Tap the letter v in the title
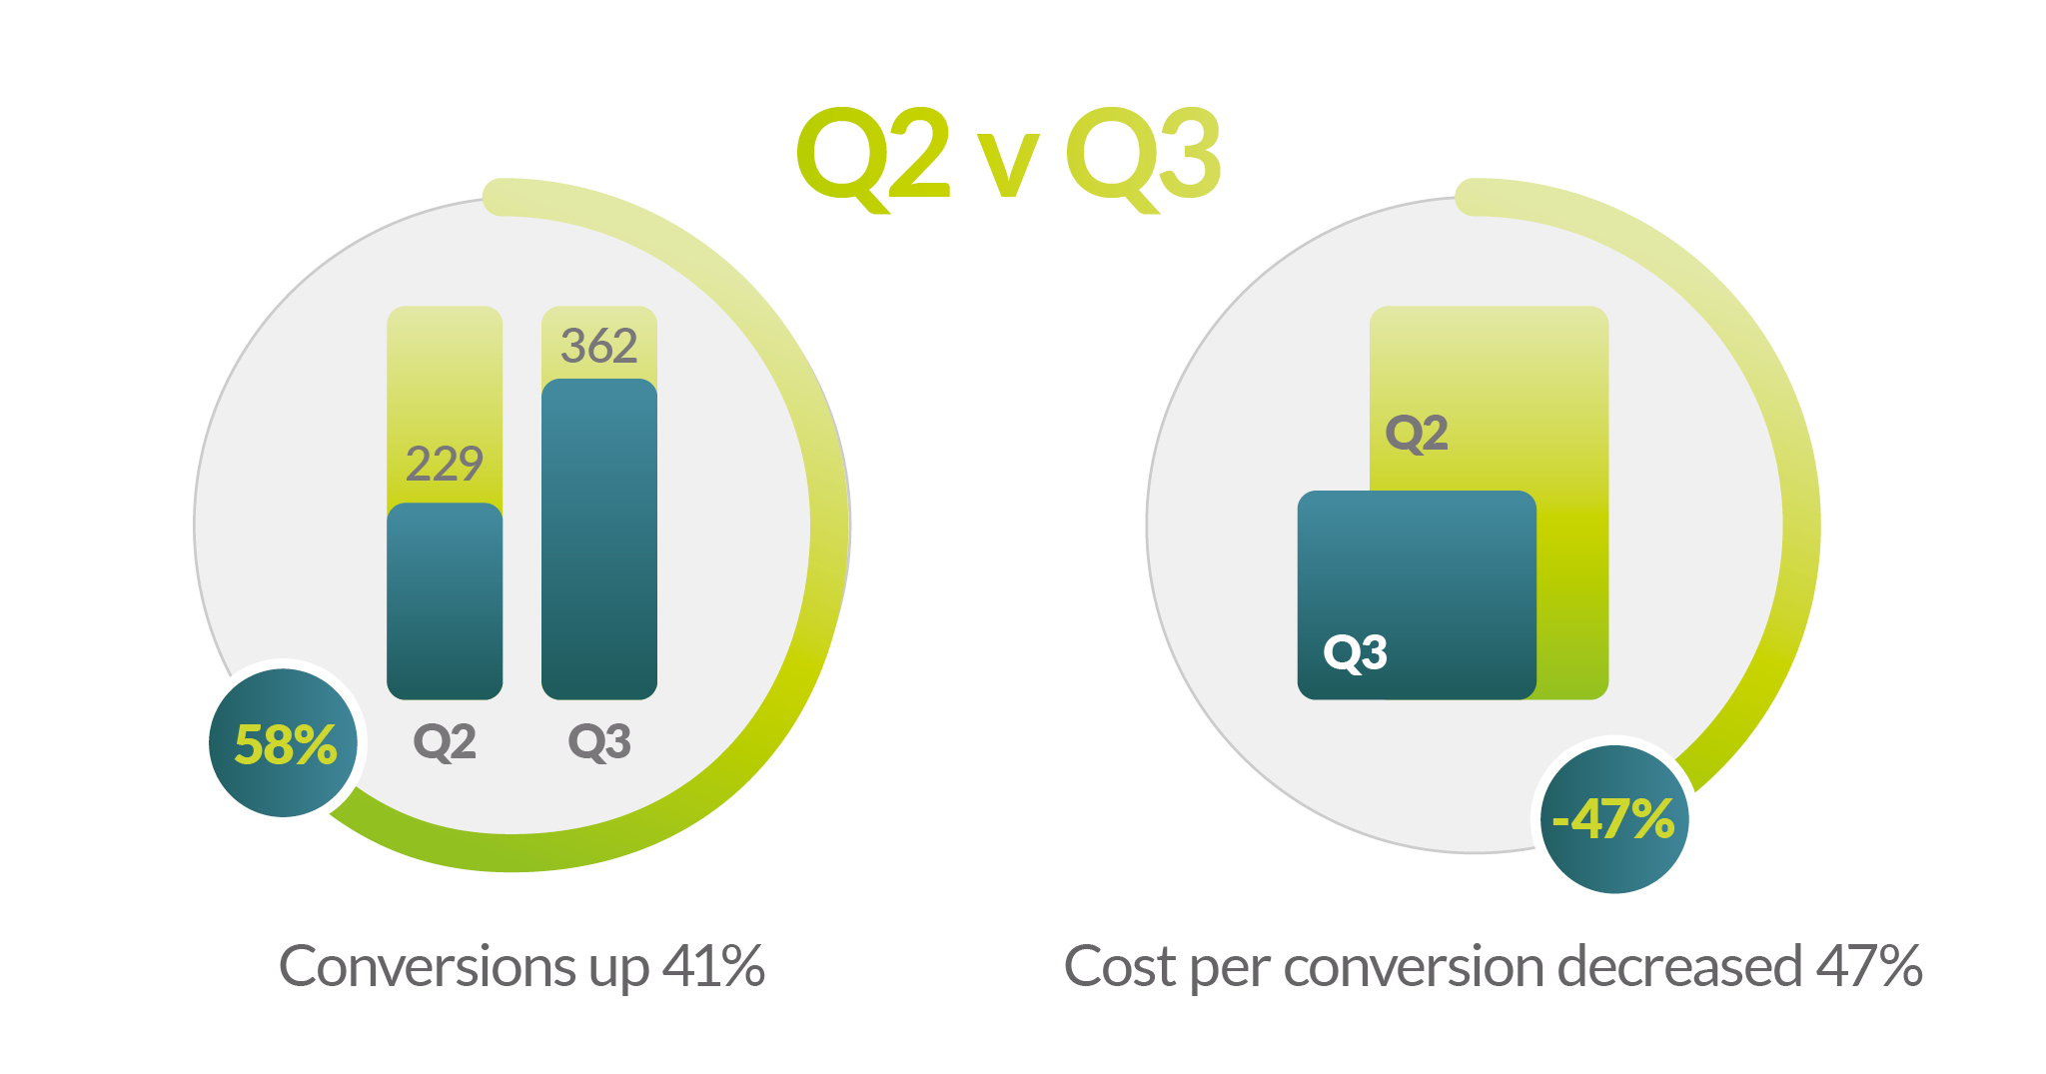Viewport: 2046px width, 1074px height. click(1007, 166)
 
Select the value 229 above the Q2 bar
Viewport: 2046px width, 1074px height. click(445, 464)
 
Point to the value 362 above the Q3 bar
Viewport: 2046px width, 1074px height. click(599, 346)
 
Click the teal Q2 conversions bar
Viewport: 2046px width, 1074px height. click(445, 600)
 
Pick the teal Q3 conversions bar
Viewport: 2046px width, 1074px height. click(599, 538)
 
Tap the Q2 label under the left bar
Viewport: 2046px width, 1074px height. click(445, 742)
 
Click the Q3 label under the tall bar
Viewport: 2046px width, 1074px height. click(599, 742)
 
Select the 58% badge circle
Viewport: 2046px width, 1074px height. click(284, 743)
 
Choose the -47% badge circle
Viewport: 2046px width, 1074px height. click(1614, 819)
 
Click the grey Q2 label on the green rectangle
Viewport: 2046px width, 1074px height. click(1417, 434)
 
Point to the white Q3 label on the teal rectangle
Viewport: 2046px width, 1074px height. click(1355, 653)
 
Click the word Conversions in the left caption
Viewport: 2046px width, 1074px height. click(427, 967)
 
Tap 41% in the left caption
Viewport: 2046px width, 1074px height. click(713, 967)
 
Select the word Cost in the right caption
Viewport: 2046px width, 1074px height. click(1120, 967)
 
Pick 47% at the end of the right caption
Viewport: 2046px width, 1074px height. click(1869, 967)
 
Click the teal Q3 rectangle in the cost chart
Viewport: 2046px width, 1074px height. click(1417, 594)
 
